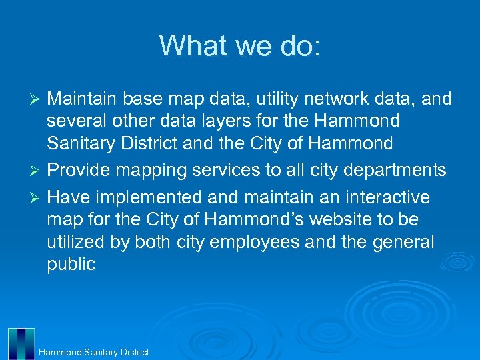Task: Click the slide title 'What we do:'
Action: pyautogui.click(x=240, y=45)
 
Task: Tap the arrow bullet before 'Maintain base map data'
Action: pyautogui.click(x=37, y=100)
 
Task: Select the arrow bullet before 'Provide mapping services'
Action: pyautogui.click(x=37, y=171)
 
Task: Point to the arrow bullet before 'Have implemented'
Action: pyautogui.click(x=37, y=199)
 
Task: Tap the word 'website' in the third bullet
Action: pyautogui.click(x=331, y=219)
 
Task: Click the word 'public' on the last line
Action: pyautogui.click(x=71, y=265)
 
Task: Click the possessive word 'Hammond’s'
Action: pyautogui.click(x=238, y=219)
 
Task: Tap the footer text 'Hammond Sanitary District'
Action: pyautogui.click(x=94, y=352)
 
